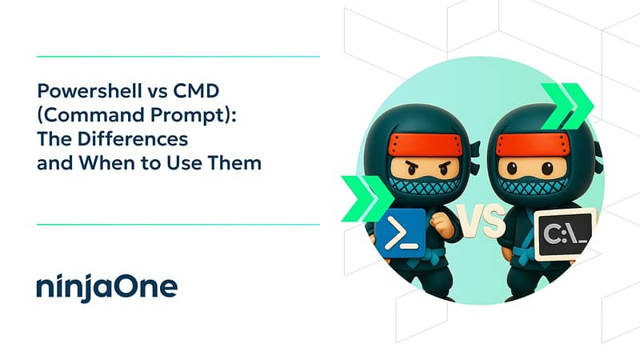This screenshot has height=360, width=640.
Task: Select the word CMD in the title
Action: pyautogui.click(x=196, y=90)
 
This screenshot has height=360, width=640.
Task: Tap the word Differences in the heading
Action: pyautogui.click(x=132, y=138)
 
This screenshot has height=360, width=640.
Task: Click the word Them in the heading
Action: pyautogui.click(x=234, y=163)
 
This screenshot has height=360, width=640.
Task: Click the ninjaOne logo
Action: pyautogui.click(x=107, y=287)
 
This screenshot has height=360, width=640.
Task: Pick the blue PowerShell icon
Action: pyautogui.click(x=401, y=234)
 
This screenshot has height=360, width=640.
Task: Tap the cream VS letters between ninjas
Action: pyautogui.click(x=481, y=221)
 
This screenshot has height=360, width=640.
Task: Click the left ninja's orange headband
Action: pyautogui.click(x=426, y=146)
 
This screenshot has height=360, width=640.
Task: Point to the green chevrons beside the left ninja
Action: pyautogui.click(x=365, y=198)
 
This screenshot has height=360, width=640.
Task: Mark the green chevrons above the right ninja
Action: pyautogui.click(x=567, y=106)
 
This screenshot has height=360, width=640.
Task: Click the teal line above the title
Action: pyautogui.click(x=178, y=56)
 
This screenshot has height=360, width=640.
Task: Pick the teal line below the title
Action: pyautogui.click(x=178, y=225)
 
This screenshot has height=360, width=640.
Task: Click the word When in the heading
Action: pyautogui.click(x=107, y=163)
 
